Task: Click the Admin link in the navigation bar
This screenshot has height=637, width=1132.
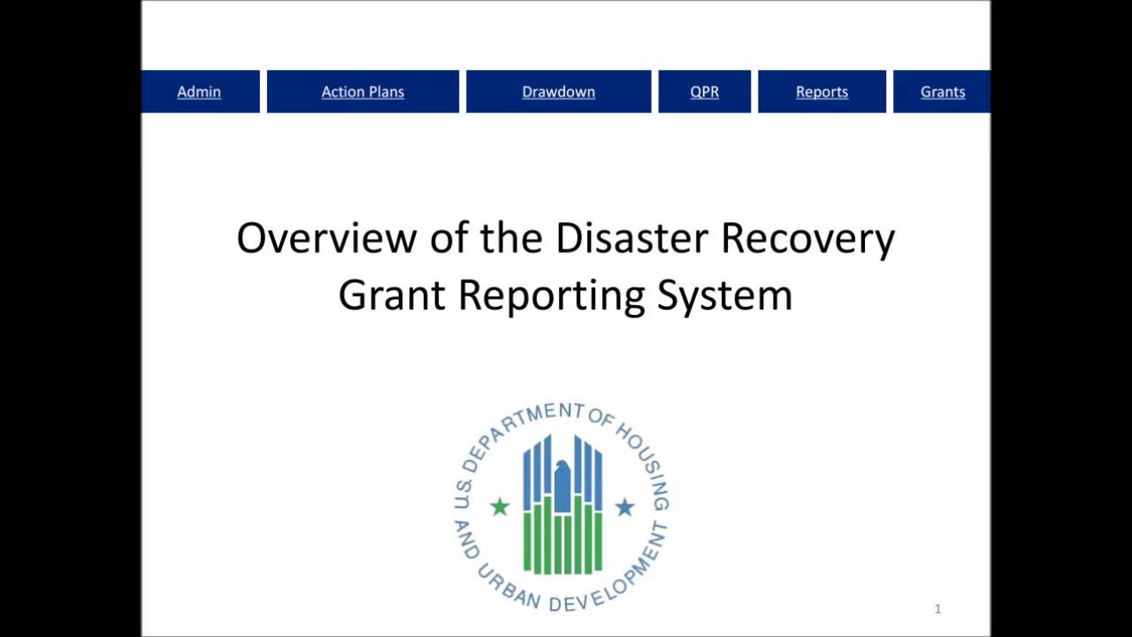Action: click(x=199, y=92)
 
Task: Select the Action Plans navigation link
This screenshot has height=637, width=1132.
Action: click(x=363, y=92)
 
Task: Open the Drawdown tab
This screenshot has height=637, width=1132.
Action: click(x=558, y=92)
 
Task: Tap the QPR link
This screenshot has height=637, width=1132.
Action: click(x=705, y=92)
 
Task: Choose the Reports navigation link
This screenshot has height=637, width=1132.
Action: click(x=822, y=92)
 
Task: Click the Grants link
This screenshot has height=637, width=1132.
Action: click(x=943, y=92)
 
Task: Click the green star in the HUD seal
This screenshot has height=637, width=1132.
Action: click(x=501, y=507)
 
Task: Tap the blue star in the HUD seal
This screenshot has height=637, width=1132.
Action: click(x=624, y=507)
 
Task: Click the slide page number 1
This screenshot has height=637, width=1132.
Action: click(x=937, y=609)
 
